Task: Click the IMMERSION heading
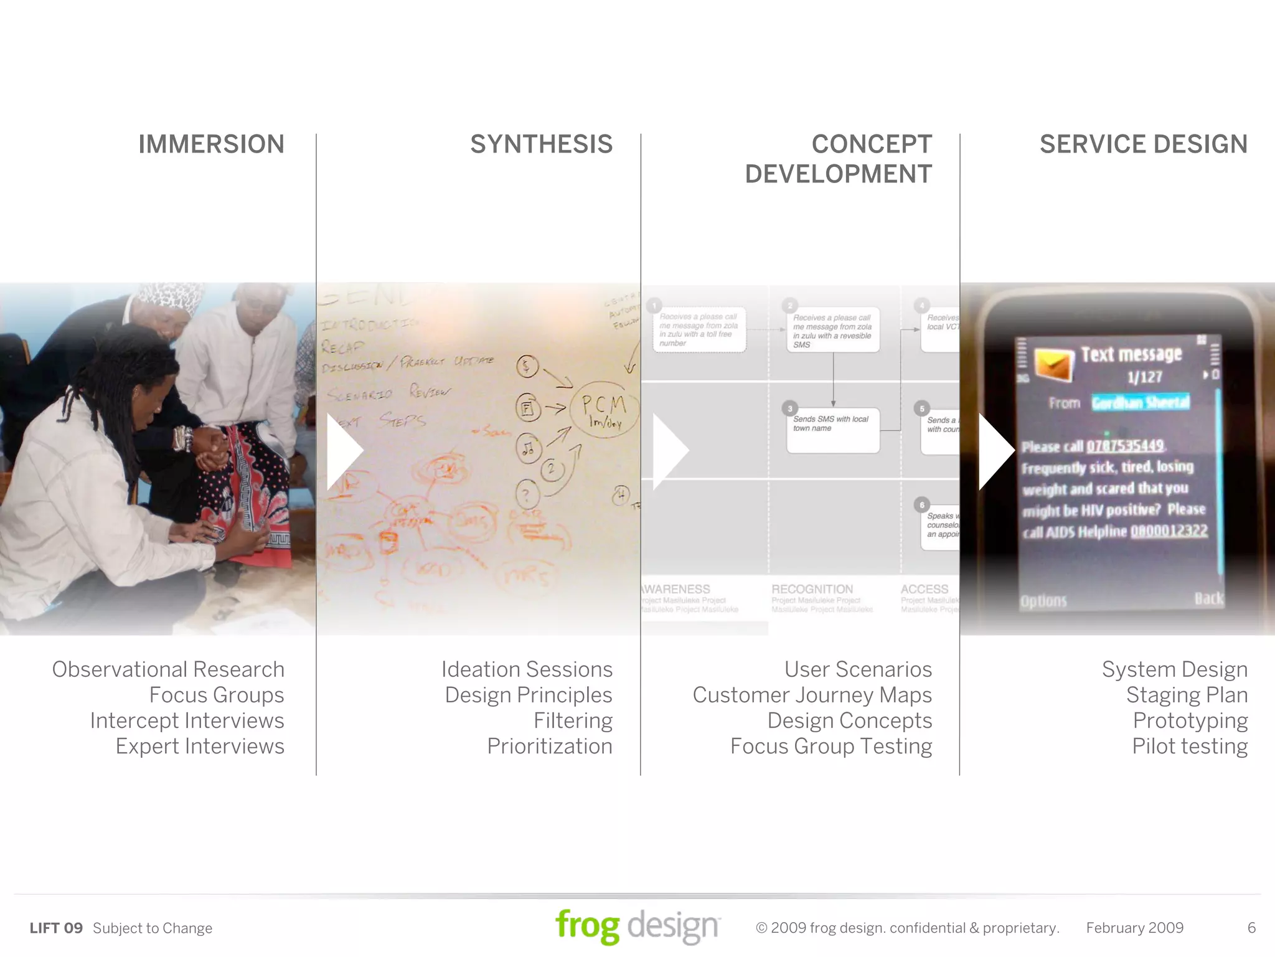[x=211, y=144]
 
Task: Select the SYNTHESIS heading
[x=541, y=144]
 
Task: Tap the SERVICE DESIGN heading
[x=1143, y=144]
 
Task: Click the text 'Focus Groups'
[x=217, y=695]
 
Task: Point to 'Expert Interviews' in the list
[x=200, y=746]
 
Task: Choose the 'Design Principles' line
[x=529, y=695]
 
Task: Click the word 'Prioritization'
[x=550, y=746]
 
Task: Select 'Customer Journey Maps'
[x=812, y=695]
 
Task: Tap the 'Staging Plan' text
[x=1187, y=695]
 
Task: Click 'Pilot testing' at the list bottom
[x=1189, y=746]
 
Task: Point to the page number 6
[x=1251, y=928]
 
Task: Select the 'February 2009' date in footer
[x=1134, y=928]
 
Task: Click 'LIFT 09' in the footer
[x=56, y=928]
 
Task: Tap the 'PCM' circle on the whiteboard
[x=603, y=410]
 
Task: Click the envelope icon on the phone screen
[x=1054, y=364]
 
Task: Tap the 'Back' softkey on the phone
[x=1208, y=599]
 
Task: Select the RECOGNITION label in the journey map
[x=812, y=589]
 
